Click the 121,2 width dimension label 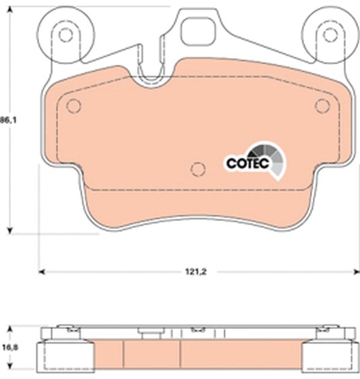point(196,272)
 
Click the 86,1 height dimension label point(8,120)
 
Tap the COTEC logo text point(248,163)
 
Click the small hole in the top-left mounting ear point(65,35)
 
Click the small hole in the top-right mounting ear point(330,35)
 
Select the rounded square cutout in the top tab point(198,32)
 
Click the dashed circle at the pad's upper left point(73,106)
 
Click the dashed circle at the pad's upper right point(322,106)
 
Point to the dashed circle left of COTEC point(198,169)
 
